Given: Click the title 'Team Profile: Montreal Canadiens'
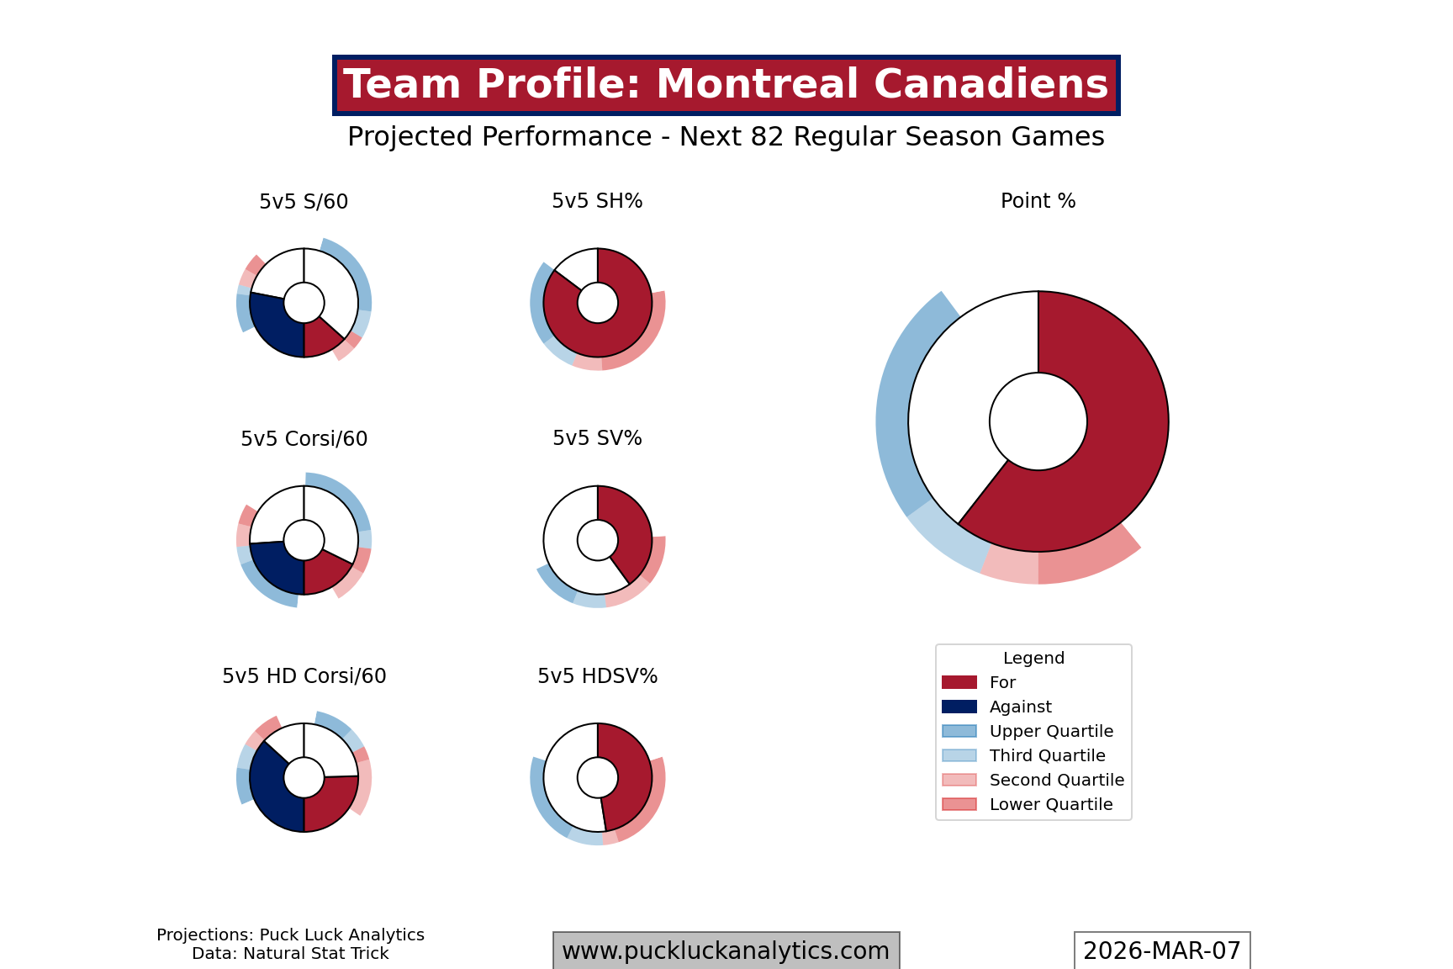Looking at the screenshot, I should click(726, 85).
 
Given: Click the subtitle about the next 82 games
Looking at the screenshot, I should click(726, 136).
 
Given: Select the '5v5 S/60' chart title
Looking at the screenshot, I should click(304, 202).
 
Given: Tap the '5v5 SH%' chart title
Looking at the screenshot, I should click(597, 201).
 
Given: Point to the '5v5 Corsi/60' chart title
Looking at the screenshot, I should click(304, 439).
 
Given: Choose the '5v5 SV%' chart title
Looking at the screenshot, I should click(597, 438).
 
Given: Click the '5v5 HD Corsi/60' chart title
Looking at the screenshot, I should click(304, 676).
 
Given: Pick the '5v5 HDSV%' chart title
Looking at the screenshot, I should click(597, 676).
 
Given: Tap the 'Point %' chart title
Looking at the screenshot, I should click(1038, 201).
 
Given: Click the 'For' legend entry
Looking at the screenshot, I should click(1002, 682).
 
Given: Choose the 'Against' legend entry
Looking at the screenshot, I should click(1020, 707).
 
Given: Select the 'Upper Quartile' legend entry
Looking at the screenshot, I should click(1051, 731).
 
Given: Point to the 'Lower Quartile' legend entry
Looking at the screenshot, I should click(1051, 804).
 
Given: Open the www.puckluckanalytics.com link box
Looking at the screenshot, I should click(726, 950).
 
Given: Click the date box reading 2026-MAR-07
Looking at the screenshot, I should click(1161, 950).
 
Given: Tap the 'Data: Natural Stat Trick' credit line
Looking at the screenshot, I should click(290, 954).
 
